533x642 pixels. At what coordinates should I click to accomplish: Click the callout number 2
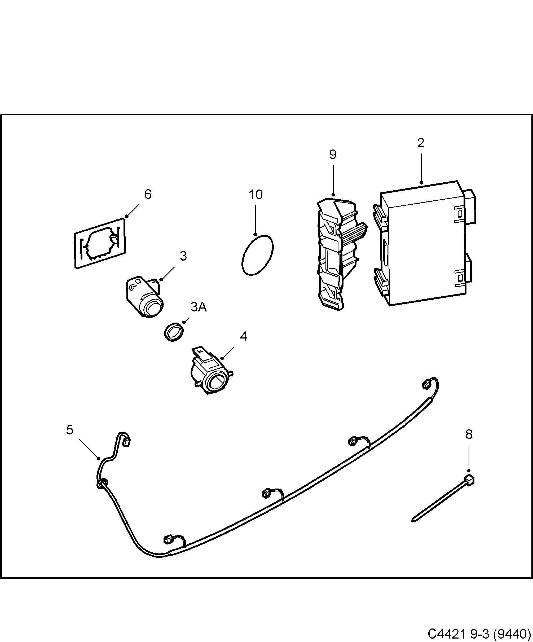coord(421,143)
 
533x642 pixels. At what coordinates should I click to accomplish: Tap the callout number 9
coord(333,155)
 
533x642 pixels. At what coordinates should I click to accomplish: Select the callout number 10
coord(256,195)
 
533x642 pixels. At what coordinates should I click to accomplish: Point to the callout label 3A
coord(199,307)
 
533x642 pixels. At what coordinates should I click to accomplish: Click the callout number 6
coord(148,194)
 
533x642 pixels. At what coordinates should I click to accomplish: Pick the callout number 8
coord(469,434)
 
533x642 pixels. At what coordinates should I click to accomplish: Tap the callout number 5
coord(70,430)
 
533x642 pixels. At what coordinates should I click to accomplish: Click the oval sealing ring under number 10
coord(257,255)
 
